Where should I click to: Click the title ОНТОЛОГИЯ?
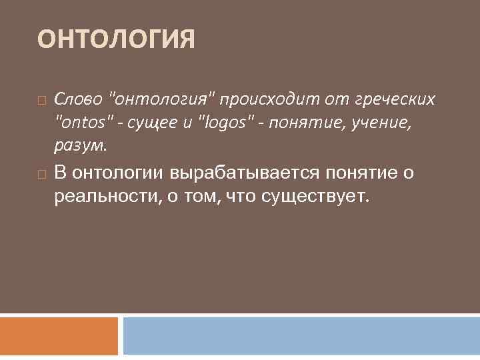(x=116, y=39)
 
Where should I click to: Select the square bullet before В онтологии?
(x=42, y=175)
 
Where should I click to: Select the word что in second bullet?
(x=242, y=197)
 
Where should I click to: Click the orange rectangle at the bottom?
(x=59, y=335)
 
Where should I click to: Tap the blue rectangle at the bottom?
(x=301, y=335)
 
